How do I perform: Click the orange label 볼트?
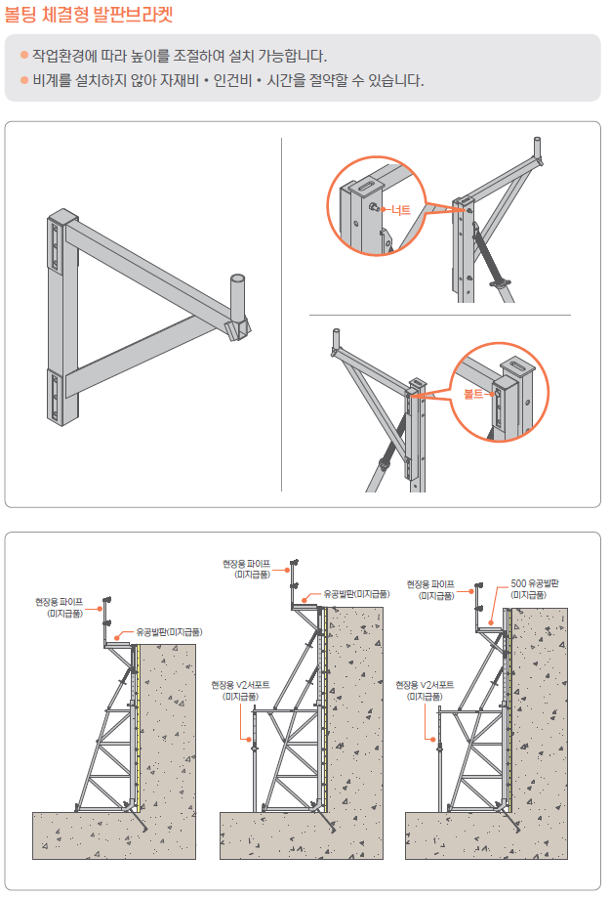coord(473,394)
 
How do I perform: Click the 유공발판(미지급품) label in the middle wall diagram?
coord(356,594)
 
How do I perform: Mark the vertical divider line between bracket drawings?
coord(281,313)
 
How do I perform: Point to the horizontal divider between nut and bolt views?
coord(439,316)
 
